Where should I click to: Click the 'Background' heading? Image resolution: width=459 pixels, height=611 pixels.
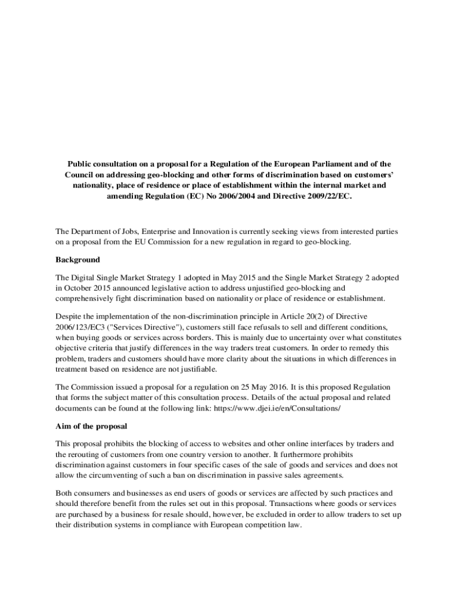pos(77,260)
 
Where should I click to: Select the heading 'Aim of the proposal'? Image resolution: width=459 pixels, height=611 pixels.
pos(91,427)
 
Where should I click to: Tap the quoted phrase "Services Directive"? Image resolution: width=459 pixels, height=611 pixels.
pos(143,326)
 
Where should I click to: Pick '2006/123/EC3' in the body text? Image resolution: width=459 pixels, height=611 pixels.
pos(79,326)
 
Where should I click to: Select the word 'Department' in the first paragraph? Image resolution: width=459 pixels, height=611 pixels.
pos(95,231)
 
